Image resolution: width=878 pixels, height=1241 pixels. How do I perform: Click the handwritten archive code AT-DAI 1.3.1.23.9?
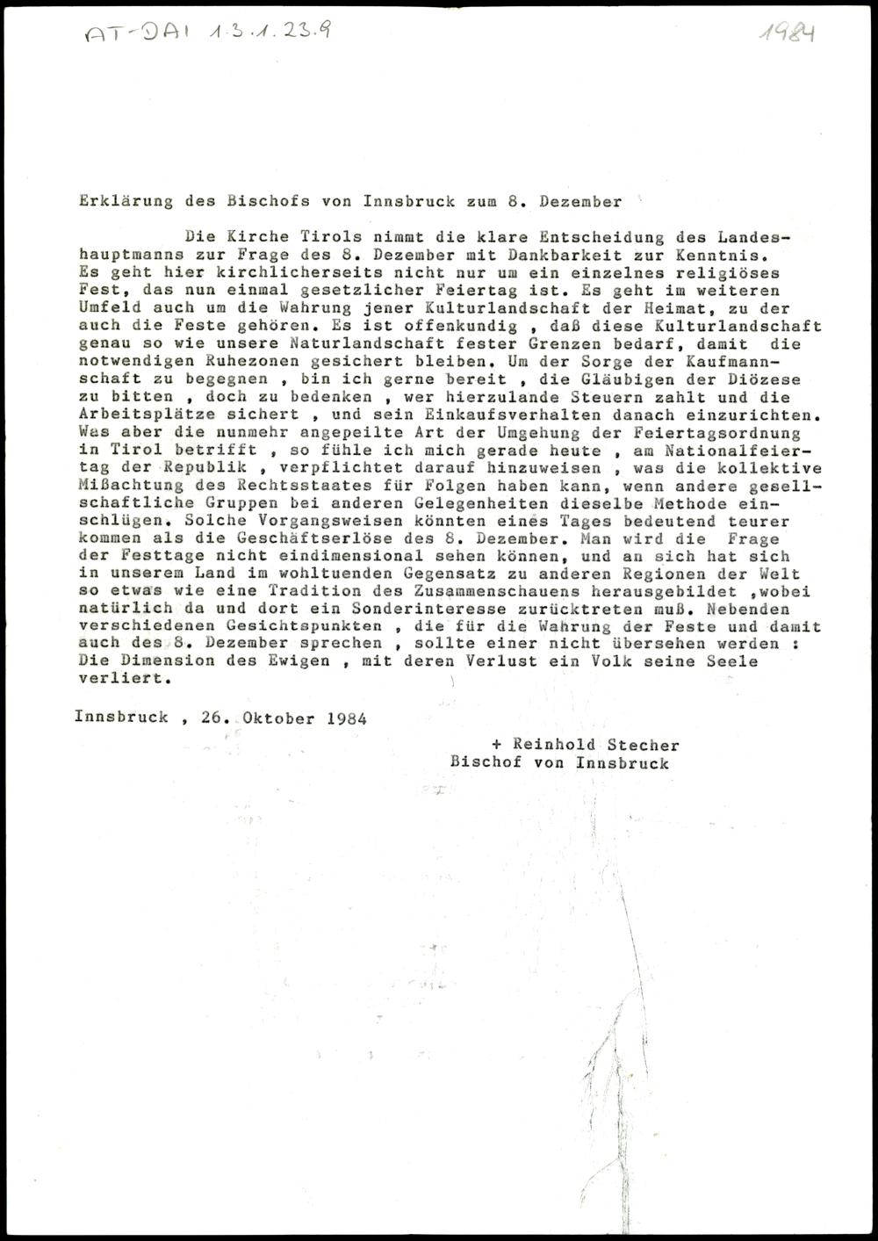point(207,32)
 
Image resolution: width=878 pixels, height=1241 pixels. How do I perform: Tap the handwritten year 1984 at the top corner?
point(787,32)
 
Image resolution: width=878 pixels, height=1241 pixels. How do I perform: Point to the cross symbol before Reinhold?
point(497,745)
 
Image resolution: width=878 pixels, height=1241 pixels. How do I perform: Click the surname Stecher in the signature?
point(647,745)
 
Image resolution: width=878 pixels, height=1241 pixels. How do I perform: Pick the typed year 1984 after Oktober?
point(346,717)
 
